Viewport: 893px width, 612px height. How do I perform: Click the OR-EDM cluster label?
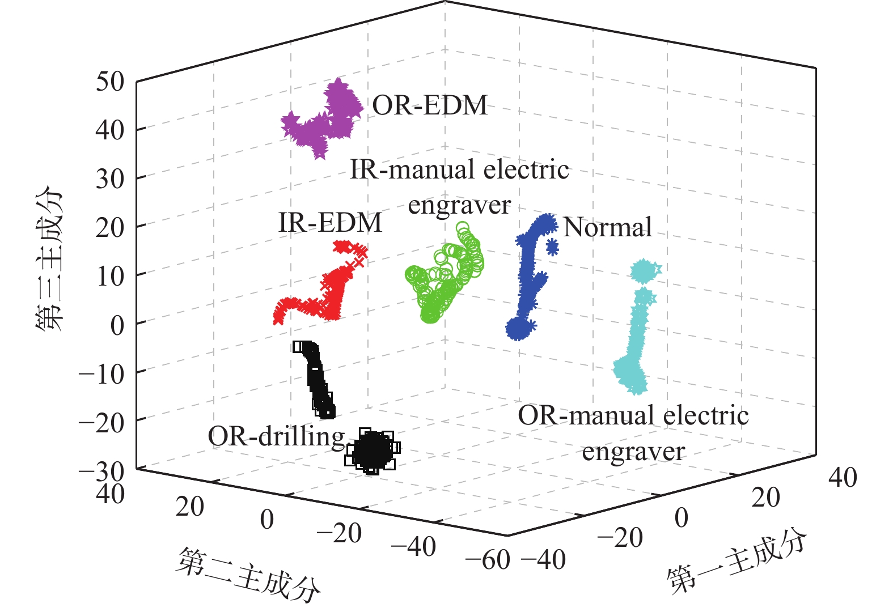[x=430, y=105]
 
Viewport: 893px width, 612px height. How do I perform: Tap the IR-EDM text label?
[x=330, y=223]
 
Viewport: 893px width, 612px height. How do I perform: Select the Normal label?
[x=607, y=227]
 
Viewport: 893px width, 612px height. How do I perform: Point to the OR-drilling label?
[x=276, y=436]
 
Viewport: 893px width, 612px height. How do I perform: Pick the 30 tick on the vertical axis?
[x=110, y=178]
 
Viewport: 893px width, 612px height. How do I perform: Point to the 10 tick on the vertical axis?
[x=110, y=276]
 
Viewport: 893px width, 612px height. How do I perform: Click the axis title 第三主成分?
[x=48, y=258]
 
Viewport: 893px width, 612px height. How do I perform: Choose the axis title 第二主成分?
[x=248, y=573]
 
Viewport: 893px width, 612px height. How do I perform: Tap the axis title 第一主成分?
[x=736, y=562]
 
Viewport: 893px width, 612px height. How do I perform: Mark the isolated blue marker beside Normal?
[x=552, y=247]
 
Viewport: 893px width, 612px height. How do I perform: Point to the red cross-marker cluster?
[x=323, y=289]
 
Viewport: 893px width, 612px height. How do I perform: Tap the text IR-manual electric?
[x=459, y=169]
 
